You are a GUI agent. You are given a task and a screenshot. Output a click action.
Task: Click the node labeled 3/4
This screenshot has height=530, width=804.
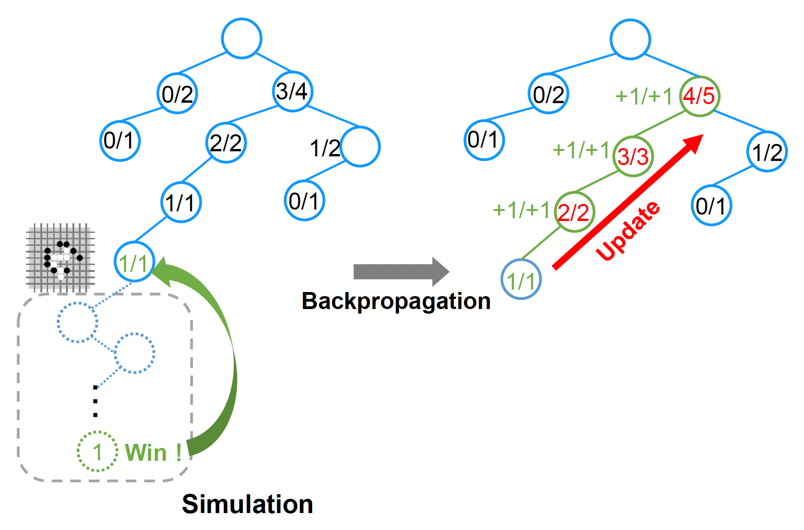coord(292,91)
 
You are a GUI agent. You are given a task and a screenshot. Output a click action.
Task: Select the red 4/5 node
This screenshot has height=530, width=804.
coord(699,96)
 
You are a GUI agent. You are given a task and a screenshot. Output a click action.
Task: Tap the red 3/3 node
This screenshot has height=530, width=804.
coord(633,156)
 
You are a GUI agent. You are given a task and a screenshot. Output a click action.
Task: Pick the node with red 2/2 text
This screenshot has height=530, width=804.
coord(574,212)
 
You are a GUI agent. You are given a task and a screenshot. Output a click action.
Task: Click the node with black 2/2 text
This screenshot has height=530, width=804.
coord(226,143)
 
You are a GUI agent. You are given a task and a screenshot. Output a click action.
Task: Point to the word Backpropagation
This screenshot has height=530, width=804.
coord(396,301)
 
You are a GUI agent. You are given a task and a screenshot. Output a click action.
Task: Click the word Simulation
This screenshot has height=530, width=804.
coord(248,504)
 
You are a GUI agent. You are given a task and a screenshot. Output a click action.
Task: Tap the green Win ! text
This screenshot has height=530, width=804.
coord(153,453)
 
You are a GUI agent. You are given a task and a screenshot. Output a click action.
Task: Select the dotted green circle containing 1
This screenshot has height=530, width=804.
coord(97,452)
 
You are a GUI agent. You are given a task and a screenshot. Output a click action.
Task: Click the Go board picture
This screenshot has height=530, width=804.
coord(61,258)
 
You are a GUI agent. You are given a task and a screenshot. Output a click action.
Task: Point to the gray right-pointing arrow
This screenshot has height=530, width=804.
coord(400,271)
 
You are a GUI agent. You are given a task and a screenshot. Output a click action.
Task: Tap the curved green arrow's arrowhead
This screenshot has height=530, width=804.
coord(162,271)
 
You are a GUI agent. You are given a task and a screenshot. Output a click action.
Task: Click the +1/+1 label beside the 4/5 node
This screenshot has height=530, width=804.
coord(643,96)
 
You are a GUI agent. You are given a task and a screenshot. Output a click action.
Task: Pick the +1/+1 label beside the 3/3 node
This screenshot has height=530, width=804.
coord(580,150)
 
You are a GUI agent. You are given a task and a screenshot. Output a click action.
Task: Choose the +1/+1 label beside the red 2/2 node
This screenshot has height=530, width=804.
coord(521,210)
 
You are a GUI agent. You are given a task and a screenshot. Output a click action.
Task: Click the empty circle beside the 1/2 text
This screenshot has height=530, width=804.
coord(360,147)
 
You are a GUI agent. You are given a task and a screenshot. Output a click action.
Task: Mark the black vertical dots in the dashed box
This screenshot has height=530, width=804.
coord(95,401)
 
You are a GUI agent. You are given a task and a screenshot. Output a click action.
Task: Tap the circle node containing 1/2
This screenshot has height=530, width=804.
coord(767,152)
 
